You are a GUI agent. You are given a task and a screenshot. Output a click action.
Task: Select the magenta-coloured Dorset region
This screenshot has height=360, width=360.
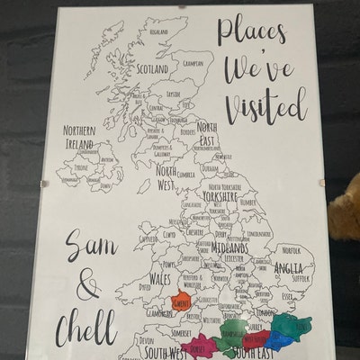(x=201, y=342)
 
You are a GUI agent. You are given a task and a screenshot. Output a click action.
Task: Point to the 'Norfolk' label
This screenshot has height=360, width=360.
(x=291, y=249)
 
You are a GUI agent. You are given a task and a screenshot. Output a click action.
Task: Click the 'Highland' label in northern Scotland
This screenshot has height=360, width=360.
(x=159, y=31)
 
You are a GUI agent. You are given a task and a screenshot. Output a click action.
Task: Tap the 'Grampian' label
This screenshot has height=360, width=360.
(x=191, y=64)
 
